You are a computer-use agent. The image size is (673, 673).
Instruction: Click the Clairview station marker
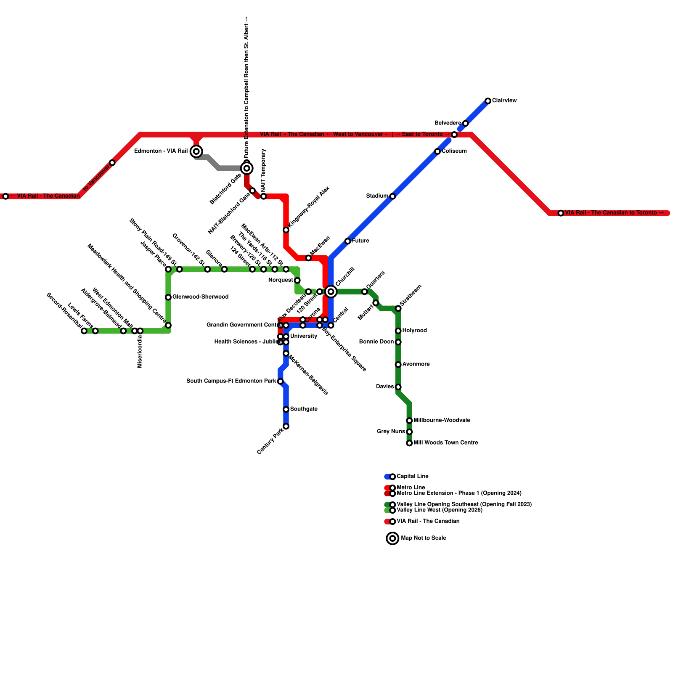click(x=488, y=101)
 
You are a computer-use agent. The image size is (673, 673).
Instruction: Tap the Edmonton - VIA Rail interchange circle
click(x=196, y=151)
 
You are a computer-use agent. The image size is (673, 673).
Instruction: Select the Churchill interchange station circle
click(x=331, y=291)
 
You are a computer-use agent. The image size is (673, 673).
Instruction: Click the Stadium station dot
click(x=392, y=196)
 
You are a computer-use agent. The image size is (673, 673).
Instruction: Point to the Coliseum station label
click(x=454, y=151)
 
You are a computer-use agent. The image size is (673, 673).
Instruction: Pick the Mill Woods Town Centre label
click(x=446, y=442)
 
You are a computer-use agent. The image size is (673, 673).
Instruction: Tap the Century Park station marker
click(x=286, y=427)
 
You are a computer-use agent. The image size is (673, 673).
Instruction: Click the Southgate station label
click(x=304, y=409)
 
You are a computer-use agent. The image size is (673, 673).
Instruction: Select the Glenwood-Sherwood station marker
click(x=168, y=297)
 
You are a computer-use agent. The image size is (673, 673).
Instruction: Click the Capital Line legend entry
click(x=412, y=476)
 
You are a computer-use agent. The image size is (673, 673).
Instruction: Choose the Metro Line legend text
click(x=411, y=488)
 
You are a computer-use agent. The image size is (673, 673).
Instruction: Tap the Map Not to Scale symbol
click(x=392, y=538)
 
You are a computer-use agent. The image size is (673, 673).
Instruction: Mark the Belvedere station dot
click(x=465, y=123)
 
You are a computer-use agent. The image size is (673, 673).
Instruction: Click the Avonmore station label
click(x=416, y=364)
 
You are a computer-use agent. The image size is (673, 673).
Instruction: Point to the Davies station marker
click(x=398, y=387)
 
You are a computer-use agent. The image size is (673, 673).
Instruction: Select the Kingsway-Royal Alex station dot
click(x=286, y=230)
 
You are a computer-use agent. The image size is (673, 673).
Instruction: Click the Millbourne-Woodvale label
click(x=442, y=420)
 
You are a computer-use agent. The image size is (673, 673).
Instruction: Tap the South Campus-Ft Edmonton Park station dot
click(x=281, y=382)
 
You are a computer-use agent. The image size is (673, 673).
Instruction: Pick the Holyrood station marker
click(x=398, y=331)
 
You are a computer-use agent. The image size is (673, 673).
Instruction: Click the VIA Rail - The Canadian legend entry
click(x=428, y=521)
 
